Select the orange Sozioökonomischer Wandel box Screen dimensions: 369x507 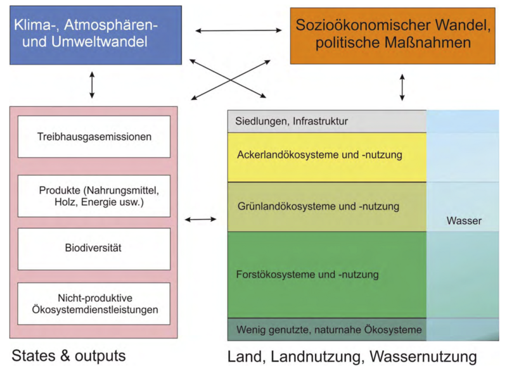tap(392, 35)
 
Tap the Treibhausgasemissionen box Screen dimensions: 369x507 tap(94, 136)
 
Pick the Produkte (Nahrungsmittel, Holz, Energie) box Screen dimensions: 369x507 tap(94, 195)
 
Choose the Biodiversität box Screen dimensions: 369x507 tap(94, 249)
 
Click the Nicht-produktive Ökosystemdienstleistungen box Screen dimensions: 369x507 tap(94, 304)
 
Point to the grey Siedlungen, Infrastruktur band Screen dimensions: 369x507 tap(326, 121)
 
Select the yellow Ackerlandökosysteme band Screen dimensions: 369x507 tap(326, 156)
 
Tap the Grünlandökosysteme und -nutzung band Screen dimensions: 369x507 tap(326, 206)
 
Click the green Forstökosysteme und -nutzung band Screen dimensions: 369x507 tap(326, 275)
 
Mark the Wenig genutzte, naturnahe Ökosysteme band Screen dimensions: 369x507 tap(326, 329)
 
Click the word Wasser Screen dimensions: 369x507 tap(464, 222)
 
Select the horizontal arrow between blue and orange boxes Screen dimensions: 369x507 tap(238, 30)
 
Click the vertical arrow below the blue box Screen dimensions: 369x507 tap(93, 85)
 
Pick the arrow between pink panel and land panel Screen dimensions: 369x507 tap(200, 220)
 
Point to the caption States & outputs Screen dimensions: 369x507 tap(68, 355)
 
